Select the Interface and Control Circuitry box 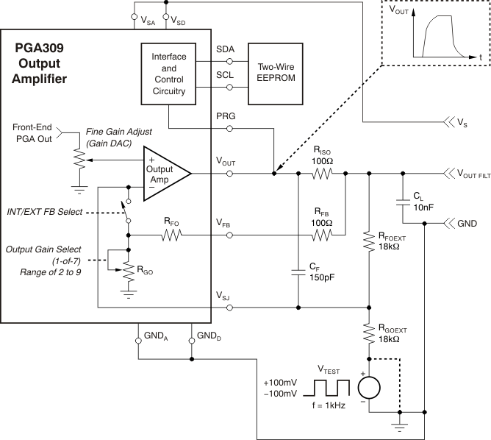(169, 74)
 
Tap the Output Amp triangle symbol (166, 174)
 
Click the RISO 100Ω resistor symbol (321, 174)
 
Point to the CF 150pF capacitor (298, 272)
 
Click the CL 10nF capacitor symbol (402, 199)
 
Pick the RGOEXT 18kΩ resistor (368, 335)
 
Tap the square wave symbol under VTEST (329, 387)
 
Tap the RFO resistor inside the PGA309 (171, 235)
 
